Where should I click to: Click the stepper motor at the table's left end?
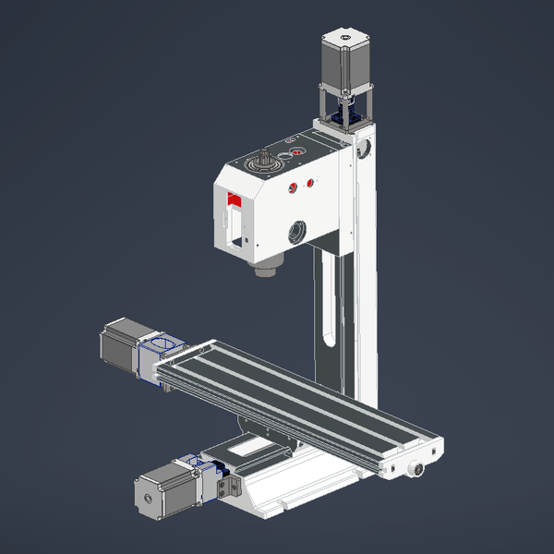[121, 345]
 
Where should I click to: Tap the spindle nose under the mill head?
[265, 271]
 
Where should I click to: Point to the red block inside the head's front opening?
[235, 200]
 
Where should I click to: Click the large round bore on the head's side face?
[296, 231]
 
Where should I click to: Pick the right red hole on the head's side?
[310, 182]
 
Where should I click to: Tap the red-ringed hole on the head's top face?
[296, 151]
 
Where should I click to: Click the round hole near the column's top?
[366, 147]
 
